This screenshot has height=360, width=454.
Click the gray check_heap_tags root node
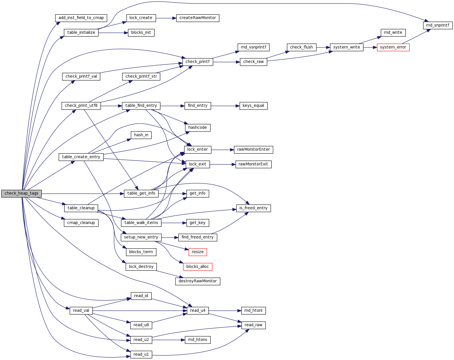coord(21,193)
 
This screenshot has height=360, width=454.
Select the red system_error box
coord(393,47)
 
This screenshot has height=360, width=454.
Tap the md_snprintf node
coord(438,25)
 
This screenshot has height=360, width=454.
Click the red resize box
coord(197,252)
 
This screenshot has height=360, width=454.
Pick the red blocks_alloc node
coord(197,267)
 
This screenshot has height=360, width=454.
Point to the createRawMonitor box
coord(197,18)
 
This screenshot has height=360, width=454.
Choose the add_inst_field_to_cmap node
coord(81,18)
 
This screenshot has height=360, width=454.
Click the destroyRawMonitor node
coord(197,281)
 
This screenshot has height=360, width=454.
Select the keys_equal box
coord(253,106)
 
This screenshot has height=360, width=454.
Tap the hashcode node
coord(197,128)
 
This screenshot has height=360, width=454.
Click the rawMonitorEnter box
coord(253,150)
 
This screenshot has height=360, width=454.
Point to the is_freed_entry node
coord(253,208)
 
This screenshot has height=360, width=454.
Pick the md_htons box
coord(197,340)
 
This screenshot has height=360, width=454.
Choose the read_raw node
coord(253,325)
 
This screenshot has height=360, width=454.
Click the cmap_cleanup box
coord(81,223)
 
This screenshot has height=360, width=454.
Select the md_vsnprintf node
coord(253,47)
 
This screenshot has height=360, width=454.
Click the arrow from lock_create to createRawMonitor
coord(166,18)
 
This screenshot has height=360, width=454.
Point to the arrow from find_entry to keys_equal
coord(225,106)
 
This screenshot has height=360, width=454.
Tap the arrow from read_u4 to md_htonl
coord(225,311)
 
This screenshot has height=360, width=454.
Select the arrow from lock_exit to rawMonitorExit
coord(223,165)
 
